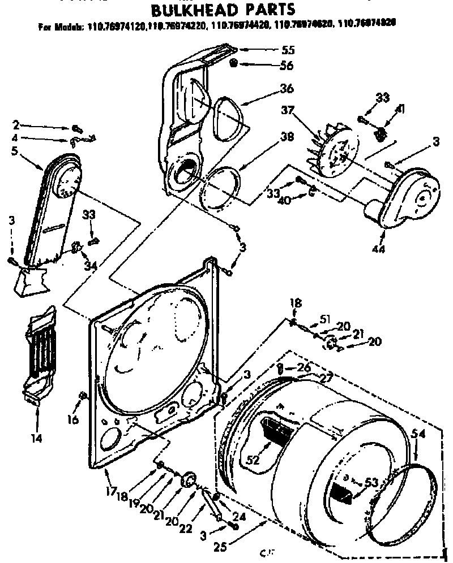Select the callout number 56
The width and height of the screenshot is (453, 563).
click(x=285, y=66)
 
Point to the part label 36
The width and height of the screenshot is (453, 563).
click(x=286, y=89)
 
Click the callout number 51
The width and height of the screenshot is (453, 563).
click(x=324, y=318)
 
